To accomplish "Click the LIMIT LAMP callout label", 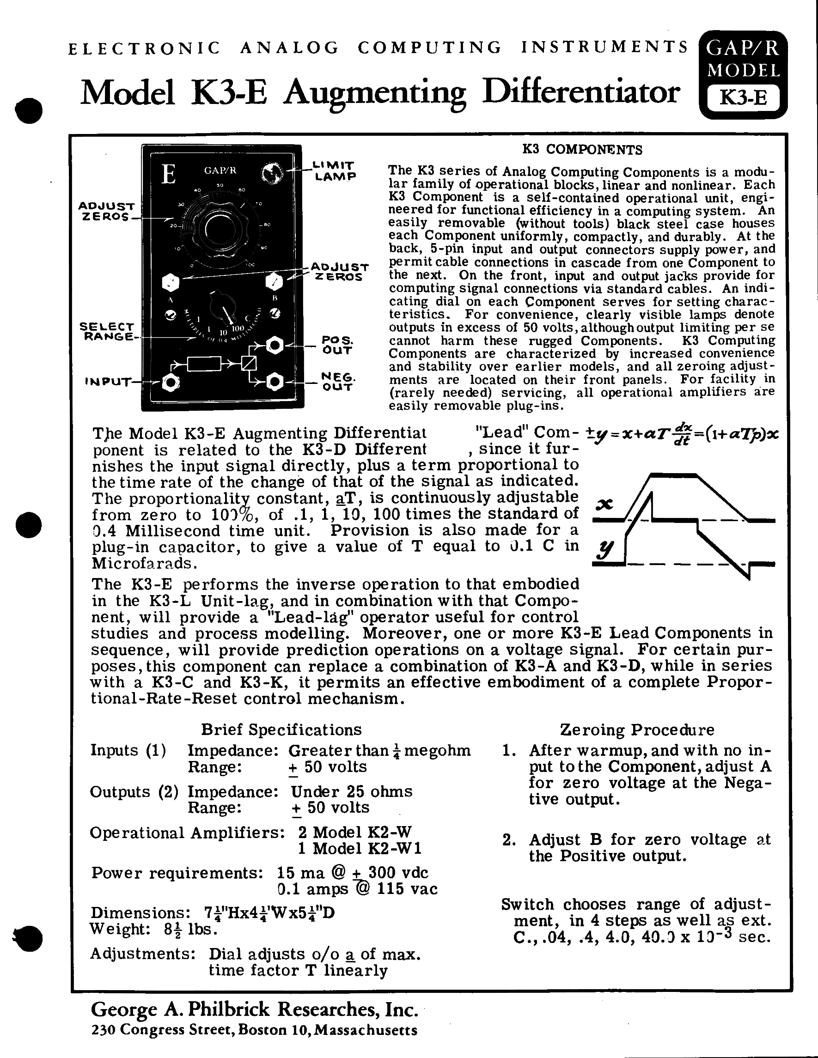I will (335, 170).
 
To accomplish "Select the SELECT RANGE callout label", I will (107, 332).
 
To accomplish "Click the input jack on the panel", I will (171, 383).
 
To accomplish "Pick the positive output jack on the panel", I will (275, 346).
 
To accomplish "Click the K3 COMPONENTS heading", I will (582, 150).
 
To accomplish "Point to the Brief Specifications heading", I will (281, 730).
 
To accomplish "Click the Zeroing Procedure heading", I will (637, 730).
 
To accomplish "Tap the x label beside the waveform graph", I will (604, 505).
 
